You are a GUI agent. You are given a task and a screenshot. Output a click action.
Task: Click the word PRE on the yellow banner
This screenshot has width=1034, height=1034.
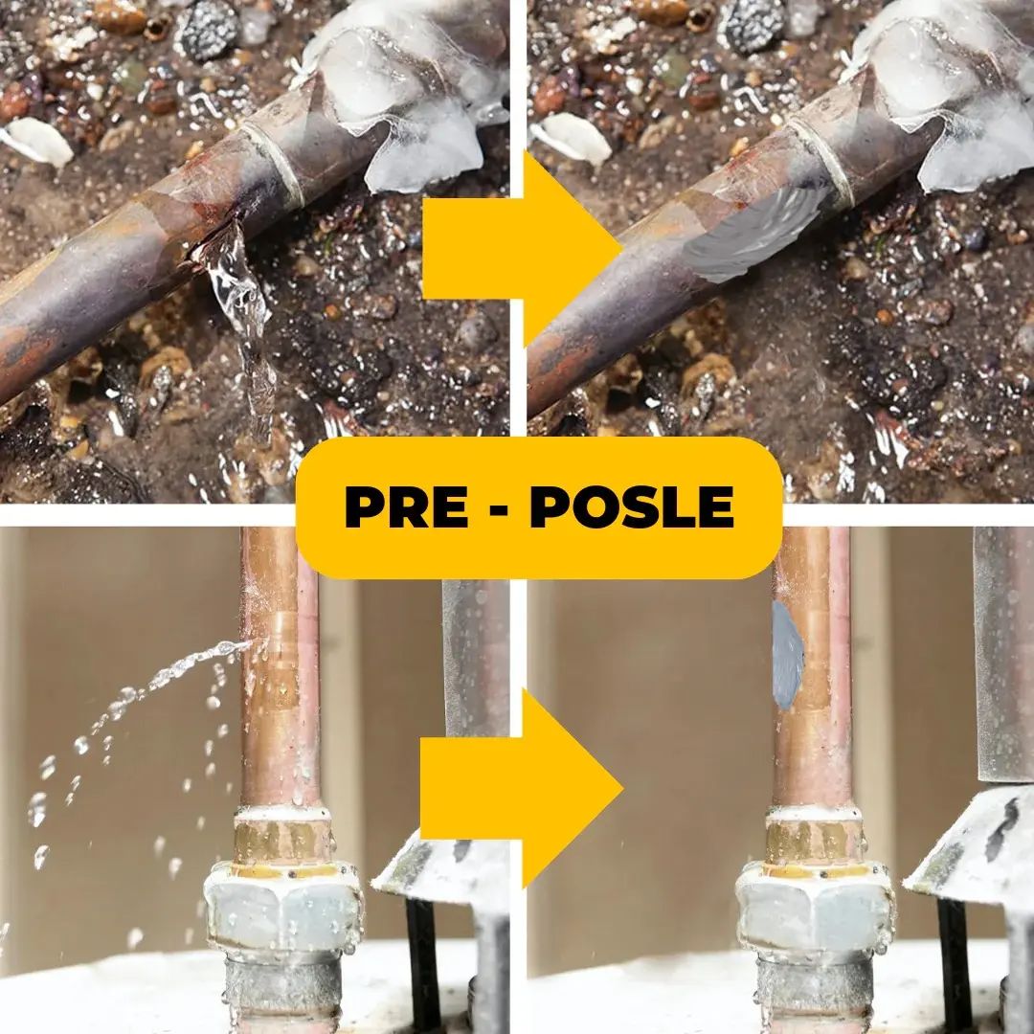coord(406,506)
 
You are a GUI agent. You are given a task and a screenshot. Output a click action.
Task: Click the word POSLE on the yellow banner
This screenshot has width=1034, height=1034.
coord(632,506)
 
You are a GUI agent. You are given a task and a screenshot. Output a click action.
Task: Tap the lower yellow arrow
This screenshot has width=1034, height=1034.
coord(521,788)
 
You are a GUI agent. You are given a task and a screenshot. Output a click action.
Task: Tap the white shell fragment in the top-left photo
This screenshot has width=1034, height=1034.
coord(37,141)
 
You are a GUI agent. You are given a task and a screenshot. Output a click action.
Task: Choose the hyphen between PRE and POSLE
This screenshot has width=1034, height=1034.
coord(499,509)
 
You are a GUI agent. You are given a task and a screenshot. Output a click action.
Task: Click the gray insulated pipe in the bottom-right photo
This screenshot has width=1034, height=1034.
coord(1003,654)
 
